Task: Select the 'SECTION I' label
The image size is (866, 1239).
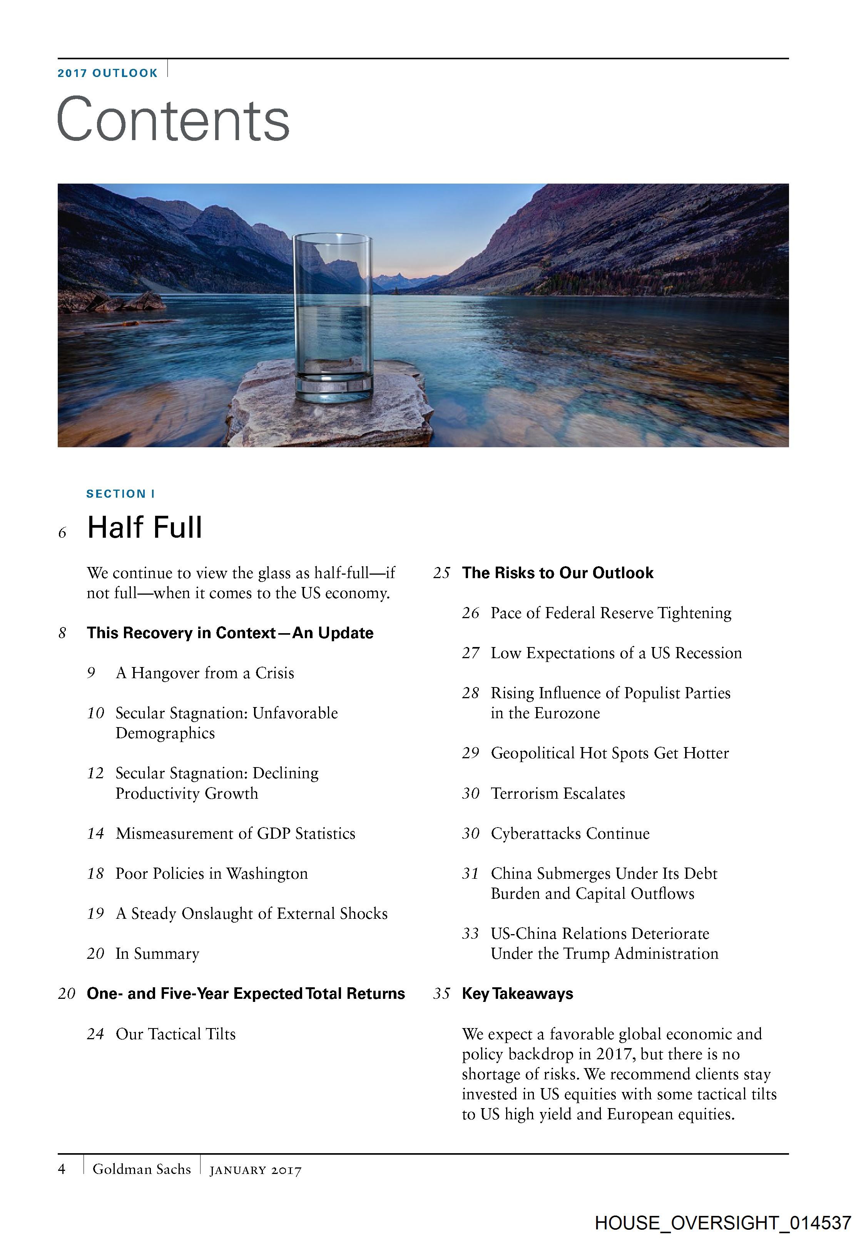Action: (121, 494)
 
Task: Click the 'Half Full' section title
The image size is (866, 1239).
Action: (145, 527)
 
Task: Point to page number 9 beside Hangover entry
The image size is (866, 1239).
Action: (91, 673)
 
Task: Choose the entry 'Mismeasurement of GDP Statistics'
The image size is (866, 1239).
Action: (235, 833)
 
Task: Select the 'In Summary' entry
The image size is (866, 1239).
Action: (157, 953)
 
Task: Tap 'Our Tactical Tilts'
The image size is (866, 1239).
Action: (176, 1033)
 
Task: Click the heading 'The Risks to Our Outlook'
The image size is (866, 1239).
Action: (557, 573)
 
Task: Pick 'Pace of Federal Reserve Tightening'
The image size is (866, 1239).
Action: (611, 613)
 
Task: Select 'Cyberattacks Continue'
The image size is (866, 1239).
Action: (570, 833)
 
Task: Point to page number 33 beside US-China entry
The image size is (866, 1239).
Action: (470, 933)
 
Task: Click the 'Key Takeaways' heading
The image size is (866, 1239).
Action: (517, 993)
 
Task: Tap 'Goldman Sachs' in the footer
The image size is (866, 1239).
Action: (141, 1169)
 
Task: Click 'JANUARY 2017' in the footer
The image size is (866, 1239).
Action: (255, 1170)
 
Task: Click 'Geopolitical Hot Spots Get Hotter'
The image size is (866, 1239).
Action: (610, 753)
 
